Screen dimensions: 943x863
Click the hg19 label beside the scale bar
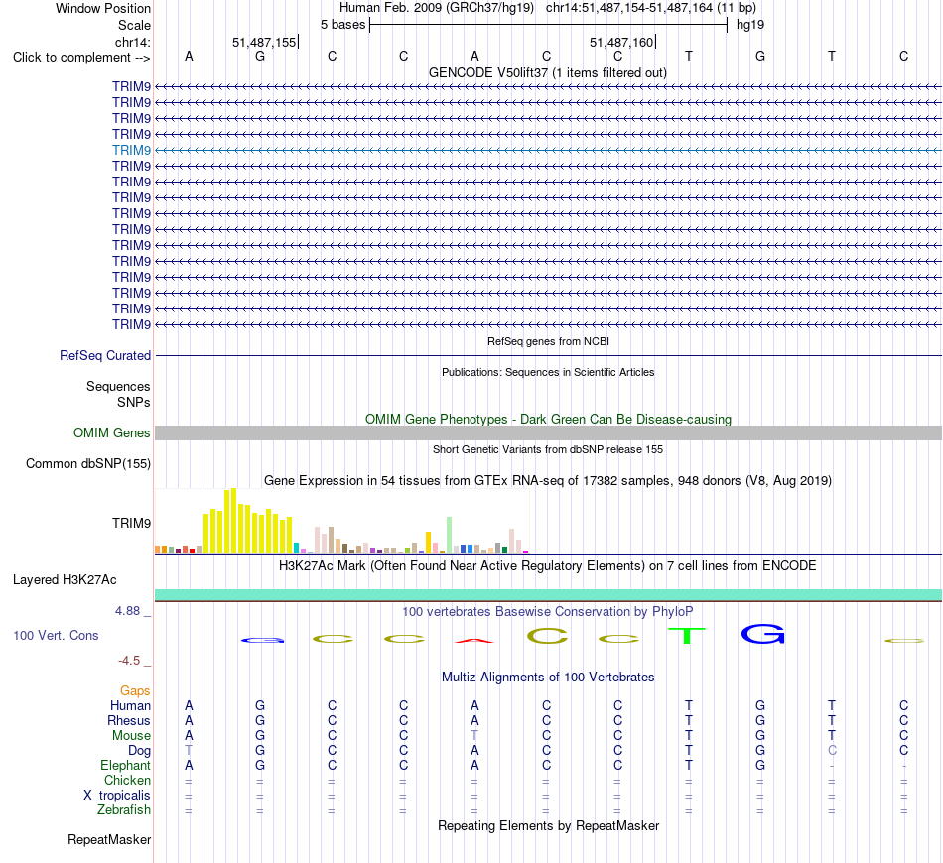pos(750,25)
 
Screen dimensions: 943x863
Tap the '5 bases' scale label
pos(342,25)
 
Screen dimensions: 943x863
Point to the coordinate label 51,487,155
pos(264,42)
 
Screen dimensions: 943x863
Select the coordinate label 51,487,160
pos(621,42)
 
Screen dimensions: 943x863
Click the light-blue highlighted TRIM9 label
pos(131,150)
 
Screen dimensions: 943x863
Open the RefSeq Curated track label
pos(105,356)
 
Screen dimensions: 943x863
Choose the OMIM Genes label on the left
pos(112,432)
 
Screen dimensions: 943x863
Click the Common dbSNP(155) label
pos(88,464)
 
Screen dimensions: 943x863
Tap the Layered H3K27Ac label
pos(65,580)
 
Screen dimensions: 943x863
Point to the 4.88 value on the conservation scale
pos(127,611)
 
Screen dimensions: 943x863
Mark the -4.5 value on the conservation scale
pos(129,661)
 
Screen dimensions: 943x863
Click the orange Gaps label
pos(135,691)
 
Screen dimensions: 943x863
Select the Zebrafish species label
pos(124,810)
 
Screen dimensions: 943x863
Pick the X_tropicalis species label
pos(117,796)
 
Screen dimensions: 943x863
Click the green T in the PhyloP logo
pos(687,635)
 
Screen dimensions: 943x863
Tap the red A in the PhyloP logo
pos(474,641)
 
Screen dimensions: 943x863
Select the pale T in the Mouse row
pos(474,736)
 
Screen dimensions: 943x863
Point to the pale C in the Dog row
pos(832,751)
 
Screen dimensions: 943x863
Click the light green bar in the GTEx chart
pos(449,535)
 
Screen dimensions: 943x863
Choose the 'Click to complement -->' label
pos(81,58)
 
